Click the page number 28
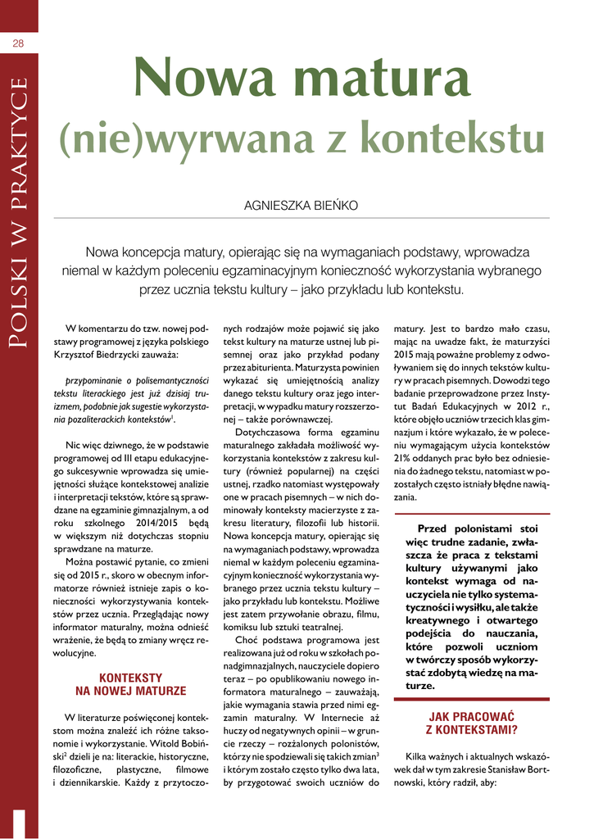18,43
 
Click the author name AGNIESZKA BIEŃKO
301,206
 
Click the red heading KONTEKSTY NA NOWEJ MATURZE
131,684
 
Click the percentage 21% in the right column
404,456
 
